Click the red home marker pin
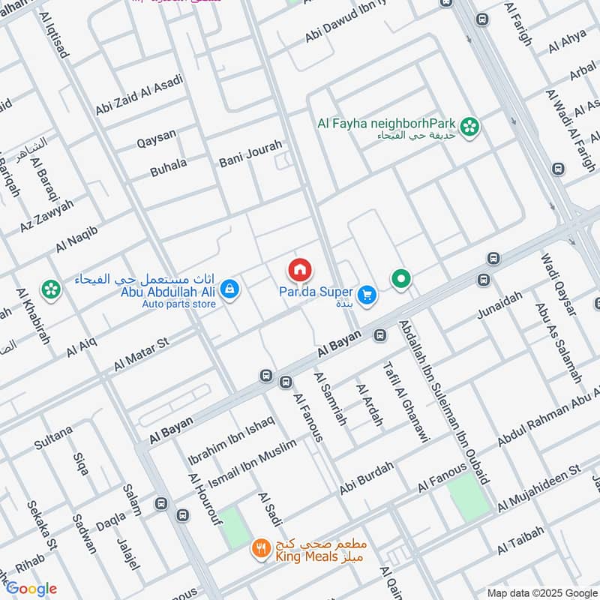(299, 269)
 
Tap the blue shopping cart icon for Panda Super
(367, 295)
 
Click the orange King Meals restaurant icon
(260, 550)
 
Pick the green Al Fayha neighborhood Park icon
(470, 127)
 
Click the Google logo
(31, 589)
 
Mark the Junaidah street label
(499, 306)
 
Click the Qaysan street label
(156, 136)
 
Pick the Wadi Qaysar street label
(556, 286)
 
